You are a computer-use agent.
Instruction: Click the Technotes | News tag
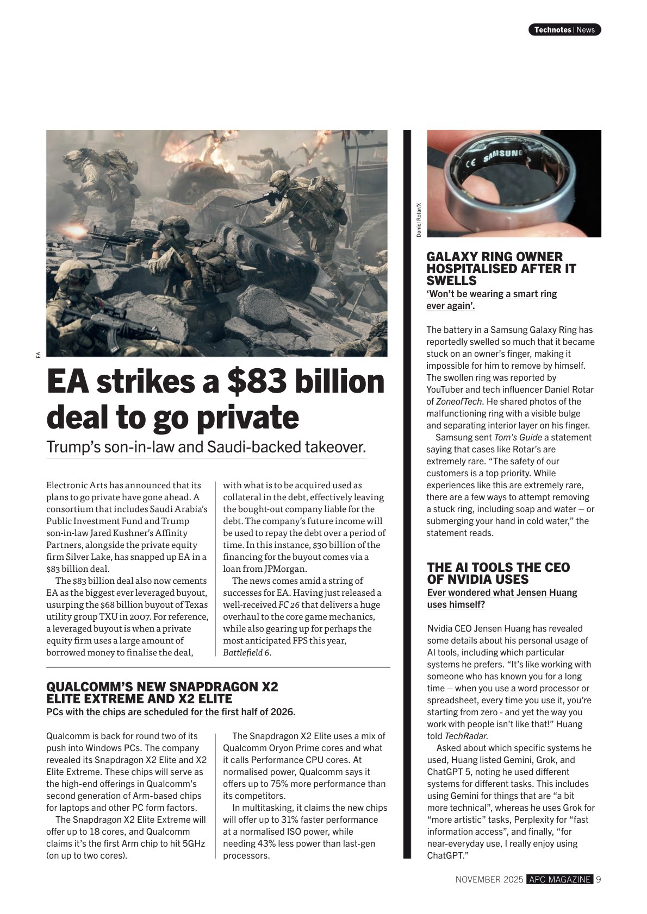[564, 30]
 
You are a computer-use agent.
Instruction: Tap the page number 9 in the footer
[598, 879]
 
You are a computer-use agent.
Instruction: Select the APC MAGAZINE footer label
[559, 879]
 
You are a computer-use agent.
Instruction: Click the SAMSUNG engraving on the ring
[502, 155]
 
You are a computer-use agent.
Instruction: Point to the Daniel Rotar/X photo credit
[419, 220]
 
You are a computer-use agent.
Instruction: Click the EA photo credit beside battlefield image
[39, 355]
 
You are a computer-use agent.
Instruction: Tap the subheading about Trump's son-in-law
[206, 447]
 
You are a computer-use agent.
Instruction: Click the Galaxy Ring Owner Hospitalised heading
[501, 268]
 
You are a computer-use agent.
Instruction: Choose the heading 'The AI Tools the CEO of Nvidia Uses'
[498, 573]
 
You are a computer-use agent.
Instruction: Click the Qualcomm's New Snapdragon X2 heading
[162, 692]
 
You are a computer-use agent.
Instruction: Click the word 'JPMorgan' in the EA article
[285, 569]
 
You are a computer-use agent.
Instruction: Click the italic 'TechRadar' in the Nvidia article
[466, 736]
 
